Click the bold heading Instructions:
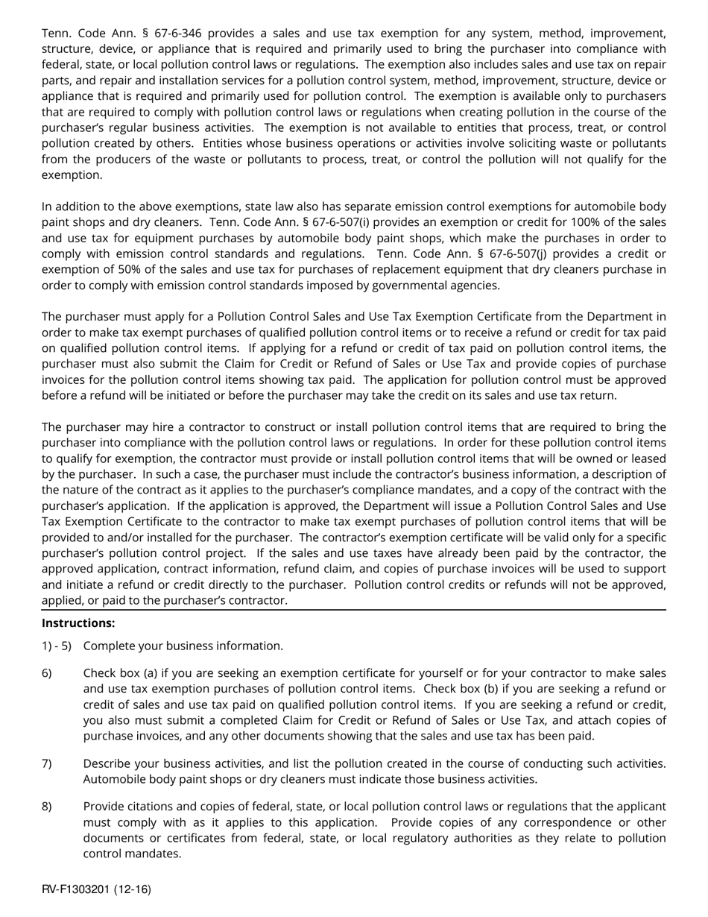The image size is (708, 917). [78, 623]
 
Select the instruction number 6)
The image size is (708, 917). [47, 673]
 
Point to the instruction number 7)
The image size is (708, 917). [47, 763]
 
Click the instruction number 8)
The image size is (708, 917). [47, 807]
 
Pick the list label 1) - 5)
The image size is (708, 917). [57, 646]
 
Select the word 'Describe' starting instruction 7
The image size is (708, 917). [107, 763]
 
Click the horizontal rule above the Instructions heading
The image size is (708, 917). [354, 609]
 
